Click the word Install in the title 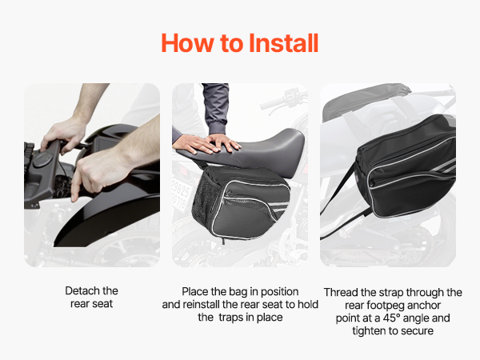tap(284, 43)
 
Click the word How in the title tap(188, 43)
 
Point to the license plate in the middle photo tap(182, 194)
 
